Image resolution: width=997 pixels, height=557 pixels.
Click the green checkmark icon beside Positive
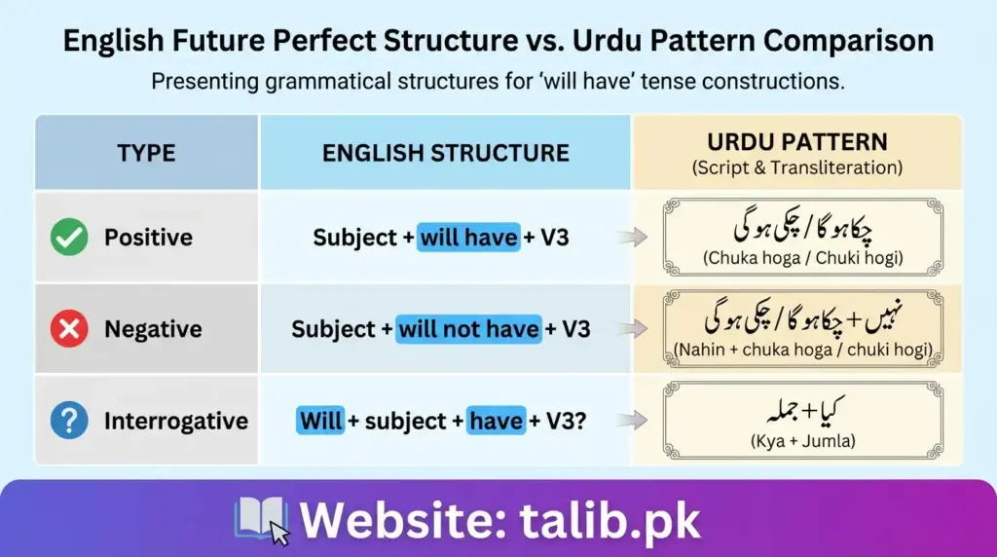[x=69, y=237]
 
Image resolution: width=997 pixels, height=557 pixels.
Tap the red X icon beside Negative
[x=69, y=329]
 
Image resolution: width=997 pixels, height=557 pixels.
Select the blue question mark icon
[x=69, y=421]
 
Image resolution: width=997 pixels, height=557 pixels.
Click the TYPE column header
[x=146, y=153]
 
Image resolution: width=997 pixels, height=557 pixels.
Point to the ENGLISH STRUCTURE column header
[x=446, y=153]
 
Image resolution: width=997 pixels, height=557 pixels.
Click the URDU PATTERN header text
[x=797, y=141]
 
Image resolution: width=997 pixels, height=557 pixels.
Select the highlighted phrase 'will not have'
[x=468, y=329]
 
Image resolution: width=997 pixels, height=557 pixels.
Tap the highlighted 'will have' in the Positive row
[x=468, y=237]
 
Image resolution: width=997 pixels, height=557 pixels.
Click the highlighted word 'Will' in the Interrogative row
[x=320, y=421]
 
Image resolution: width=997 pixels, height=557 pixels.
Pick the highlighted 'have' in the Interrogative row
[x=496, y=421]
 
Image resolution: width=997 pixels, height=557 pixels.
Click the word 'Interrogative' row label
[x=176, y=421]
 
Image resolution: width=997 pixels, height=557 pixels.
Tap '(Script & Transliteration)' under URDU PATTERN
[x=797, y=167]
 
